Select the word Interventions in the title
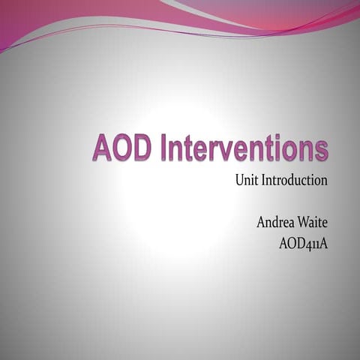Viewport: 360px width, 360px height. tap(243, 148)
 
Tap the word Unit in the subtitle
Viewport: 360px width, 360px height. tap(247, 181)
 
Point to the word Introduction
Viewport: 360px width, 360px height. tap(295, 181)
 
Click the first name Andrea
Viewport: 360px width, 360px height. tap(277, 222)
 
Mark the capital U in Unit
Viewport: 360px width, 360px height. tap(239, 181)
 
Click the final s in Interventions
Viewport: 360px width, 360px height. tap(322, 150)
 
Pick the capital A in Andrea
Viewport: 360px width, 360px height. tap(262, 222)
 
